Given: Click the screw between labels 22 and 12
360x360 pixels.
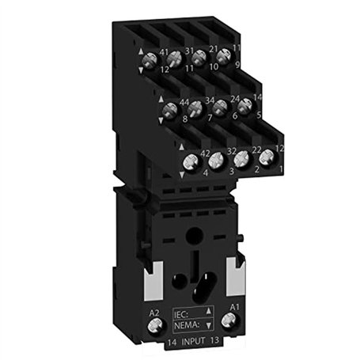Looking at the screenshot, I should (266, 157).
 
